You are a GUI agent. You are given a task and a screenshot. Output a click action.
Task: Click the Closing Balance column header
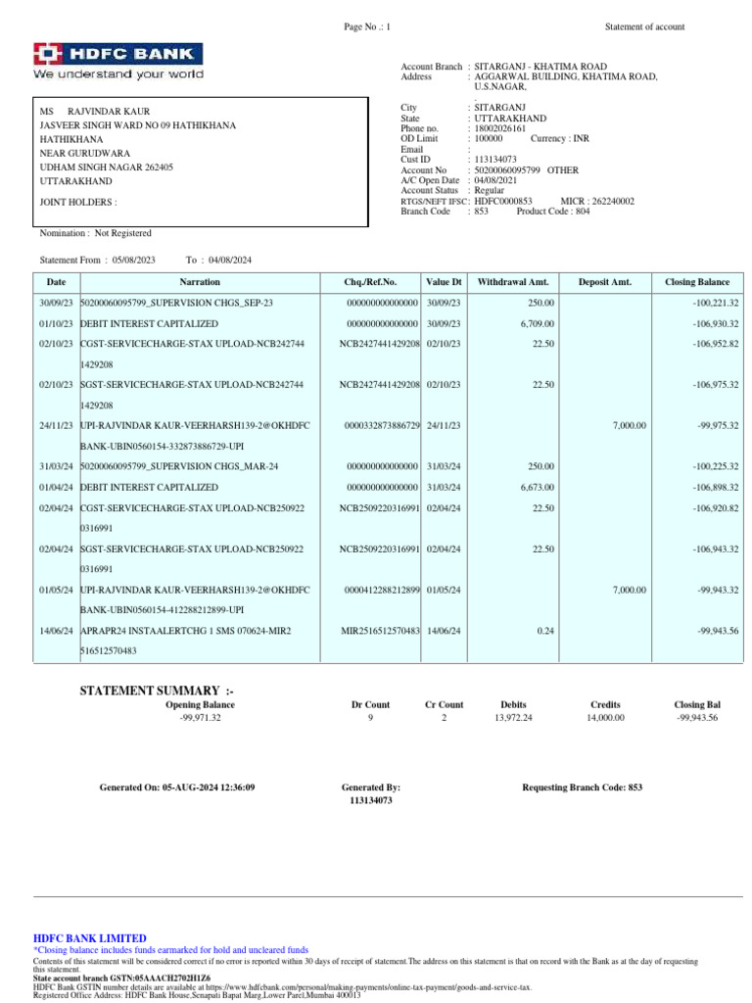697,281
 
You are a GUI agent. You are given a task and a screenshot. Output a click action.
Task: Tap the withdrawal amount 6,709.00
535,323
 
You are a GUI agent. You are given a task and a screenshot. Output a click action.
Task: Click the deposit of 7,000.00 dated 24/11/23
629,426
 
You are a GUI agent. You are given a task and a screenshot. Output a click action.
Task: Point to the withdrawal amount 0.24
546,631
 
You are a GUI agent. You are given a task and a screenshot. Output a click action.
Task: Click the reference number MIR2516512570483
380,631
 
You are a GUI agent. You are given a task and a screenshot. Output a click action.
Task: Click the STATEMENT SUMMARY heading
157,692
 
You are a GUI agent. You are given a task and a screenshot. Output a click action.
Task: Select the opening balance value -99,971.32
200,718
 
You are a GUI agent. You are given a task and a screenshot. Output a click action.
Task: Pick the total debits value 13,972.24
513,718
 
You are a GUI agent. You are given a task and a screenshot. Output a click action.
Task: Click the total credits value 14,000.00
605,718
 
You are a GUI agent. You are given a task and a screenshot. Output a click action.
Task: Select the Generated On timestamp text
177,787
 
